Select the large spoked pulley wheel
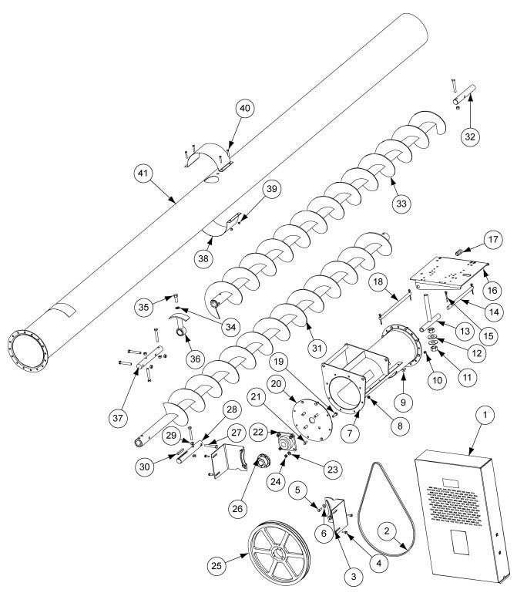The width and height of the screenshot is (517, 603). tap(277, 547)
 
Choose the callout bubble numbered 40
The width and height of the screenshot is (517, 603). tap(244, 109)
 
